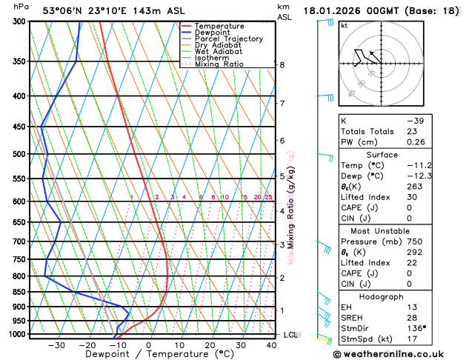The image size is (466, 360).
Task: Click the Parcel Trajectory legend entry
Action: coord(228,39)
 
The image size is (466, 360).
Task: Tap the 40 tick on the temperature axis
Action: coord(271,345)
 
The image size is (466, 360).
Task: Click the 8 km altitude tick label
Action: coord(282,65)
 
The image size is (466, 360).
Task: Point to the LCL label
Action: coord(290,335)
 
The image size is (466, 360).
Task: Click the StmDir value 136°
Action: coord(417,328)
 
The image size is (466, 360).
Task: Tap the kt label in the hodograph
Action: coord(344,25)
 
